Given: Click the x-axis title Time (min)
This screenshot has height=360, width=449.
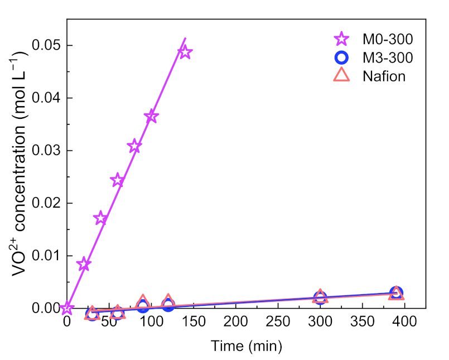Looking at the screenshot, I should [x=246, y=345].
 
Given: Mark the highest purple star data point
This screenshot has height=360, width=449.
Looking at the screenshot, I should [x=185, y=52].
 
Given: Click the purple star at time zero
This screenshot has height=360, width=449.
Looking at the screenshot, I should [x=67, y=308].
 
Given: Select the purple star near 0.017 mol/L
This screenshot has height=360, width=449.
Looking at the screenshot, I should [x=100, y=218].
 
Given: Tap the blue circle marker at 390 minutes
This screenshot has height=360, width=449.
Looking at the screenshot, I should [x=396, y=292].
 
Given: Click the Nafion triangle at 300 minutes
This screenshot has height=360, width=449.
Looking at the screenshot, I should [x=320, y=297].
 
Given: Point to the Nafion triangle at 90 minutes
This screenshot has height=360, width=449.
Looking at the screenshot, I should [x=143, y=301].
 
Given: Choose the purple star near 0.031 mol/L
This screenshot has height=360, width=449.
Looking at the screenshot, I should [x=134, y=146].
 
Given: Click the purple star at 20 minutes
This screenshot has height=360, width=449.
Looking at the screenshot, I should [x=84, y=264].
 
